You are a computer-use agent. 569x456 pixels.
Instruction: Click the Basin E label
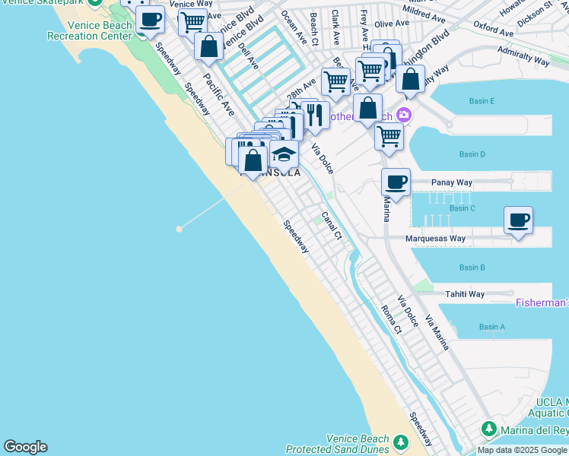coord(482,101)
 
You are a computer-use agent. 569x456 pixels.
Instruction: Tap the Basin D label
coord(472,154)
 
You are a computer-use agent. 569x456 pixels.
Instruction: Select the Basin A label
coord(491,327)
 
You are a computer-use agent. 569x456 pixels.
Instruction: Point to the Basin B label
coord(472,268)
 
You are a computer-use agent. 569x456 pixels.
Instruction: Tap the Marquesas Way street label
coord(435,239)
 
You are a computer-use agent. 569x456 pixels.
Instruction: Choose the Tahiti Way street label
coord(465,294)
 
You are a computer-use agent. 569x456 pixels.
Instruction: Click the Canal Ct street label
coord(331,225)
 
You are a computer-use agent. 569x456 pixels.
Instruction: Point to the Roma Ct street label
coord(391,319)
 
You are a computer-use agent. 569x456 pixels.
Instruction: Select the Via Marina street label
coord(437,332)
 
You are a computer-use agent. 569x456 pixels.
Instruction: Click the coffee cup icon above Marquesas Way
coord(518,220)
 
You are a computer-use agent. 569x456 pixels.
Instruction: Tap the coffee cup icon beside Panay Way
coord(396,182)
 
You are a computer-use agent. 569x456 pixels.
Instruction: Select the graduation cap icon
coord(284,154)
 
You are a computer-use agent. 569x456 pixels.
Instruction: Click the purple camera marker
coord(403,115)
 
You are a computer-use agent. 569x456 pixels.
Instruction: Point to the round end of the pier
coord(180,228)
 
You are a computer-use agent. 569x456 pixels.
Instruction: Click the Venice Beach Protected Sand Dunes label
coord(358,445)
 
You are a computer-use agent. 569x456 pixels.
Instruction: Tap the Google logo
coord(25,447)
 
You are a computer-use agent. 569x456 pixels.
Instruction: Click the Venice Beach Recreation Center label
coord(90,30)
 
